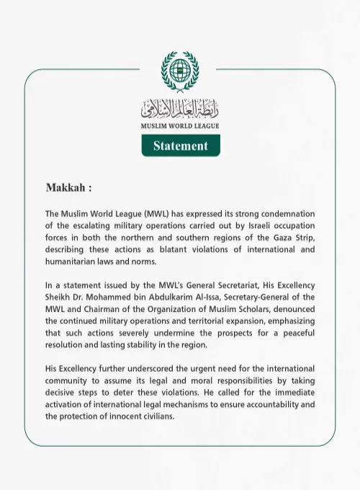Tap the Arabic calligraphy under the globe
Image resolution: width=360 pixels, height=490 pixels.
click(x=180, y=110)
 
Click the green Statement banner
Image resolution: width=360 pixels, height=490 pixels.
click(x=180, y=146)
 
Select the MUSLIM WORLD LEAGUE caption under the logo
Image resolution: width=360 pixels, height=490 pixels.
click(x=180, y=126)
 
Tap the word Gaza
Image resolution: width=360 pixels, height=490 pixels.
click(x=274, y=238)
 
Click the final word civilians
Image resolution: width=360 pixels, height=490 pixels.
click(x=155, y=416)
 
